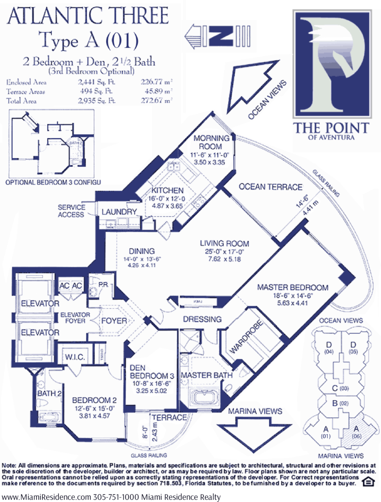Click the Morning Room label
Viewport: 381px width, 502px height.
pyautogui.click(x=211, y=142)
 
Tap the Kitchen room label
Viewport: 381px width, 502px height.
pyautogui.click(x=167, y=191)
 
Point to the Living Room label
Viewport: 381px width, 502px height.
pyautogui.click(x=224, y=243)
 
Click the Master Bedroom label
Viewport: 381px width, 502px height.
pyautogui.click(x=293, y=287)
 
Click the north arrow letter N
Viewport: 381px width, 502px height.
pyautogui.click(x=224, y=36)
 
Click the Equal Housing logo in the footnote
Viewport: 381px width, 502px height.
pyautogui.click(x=366, y=482)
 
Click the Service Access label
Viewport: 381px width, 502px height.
pyautogui.click(x=72, y=210)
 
